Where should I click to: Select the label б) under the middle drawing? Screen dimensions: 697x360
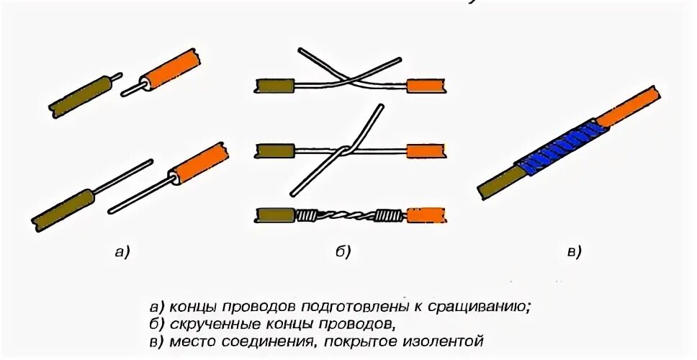point(342,251)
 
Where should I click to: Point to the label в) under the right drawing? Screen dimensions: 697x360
point(573,251)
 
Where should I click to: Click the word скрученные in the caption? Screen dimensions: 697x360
point(215,323)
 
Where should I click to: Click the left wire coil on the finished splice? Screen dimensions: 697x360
point(309,215)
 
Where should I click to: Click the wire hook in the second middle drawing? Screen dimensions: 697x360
point(346,150)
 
